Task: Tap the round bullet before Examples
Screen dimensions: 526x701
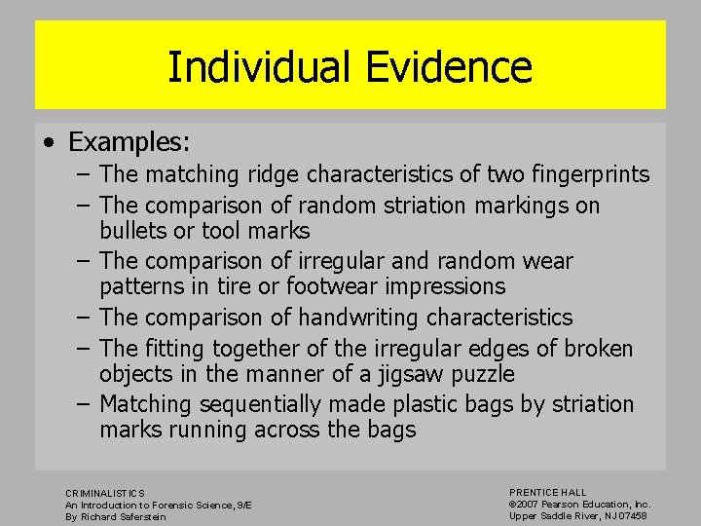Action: coord(49,142)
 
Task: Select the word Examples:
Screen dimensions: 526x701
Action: coord(129,142)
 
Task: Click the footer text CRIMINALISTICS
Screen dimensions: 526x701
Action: coord(105,494)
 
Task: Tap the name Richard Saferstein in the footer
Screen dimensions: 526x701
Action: coord(129,516)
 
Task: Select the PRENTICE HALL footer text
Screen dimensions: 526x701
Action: coord(548,493)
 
